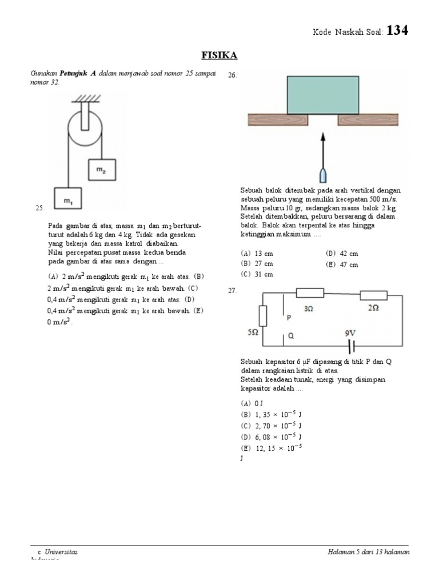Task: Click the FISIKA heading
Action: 219,55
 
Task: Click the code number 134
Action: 397,31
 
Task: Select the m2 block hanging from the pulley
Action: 101,169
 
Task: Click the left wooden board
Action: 278,120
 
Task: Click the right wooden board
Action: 369,120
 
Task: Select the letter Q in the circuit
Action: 290,336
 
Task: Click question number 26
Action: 232,75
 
